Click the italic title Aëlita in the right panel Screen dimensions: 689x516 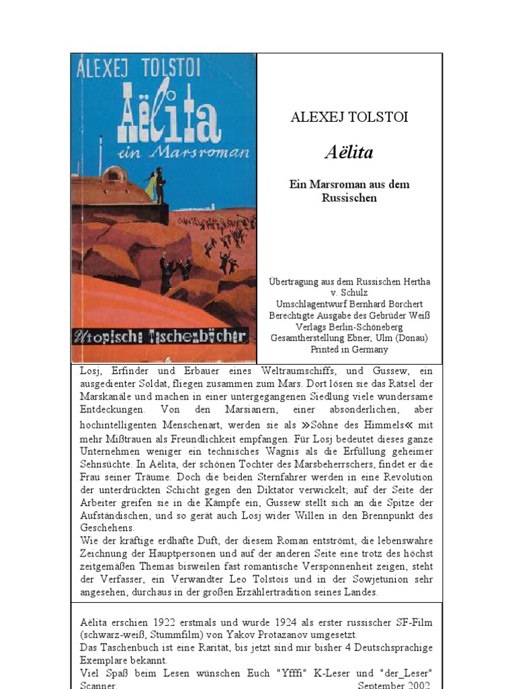pos(349,152)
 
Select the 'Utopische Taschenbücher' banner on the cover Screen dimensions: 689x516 pos(163,336)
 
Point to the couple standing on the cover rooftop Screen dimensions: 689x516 pos(155,185)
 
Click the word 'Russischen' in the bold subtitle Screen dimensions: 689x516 pos(349,198)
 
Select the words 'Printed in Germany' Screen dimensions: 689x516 pos(349,349)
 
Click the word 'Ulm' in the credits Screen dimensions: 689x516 pos(381,338)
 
